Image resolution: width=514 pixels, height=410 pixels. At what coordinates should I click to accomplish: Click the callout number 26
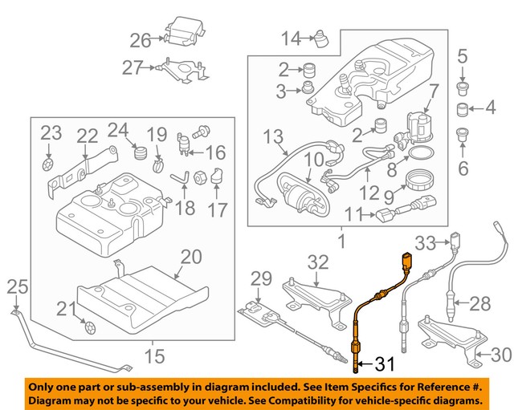tap(141, 40)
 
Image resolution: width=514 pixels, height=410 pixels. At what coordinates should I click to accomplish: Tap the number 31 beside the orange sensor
tap(386, 366)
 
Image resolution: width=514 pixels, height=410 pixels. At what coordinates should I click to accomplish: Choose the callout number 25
tap(18, 286)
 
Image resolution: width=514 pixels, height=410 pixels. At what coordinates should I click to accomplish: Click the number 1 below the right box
tap(341, 240)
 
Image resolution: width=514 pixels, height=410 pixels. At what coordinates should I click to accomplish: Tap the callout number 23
tap(51, 132)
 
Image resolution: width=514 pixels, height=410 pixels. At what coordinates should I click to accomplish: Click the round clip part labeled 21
tap(89, 328)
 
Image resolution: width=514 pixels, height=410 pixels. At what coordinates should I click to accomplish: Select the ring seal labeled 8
tap(420, 153)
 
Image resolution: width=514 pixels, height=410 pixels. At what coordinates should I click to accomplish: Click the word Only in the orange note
tap(43, 385)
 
